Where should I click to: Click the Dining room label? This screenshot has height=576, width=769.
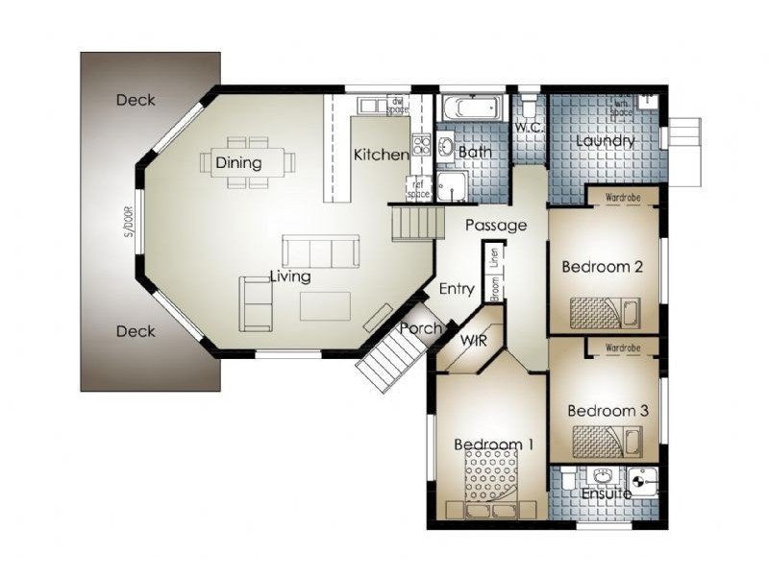click(238, 162)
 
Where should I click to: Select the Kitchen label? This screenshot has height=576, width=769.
click(381, 155)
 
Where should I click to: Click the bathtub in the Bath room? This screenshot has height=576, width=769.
click(471, 107)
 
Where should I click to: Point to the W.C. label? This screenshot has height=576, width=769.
click(529, 127)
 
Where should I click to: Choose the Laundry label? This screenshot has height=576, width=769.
click(606, 141)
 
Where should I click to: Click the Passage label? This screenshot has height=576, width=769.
click(496, 226)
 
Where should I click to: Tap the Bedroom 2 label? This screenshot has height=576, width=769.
click(603, 267)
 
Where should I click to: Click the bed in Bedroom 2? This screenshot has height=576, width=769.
click(604, 312)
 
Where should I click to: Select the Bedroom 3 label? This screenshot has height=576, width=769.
click(608, 411)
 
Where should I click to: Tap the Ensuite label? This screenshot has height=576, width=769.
click(607, 493)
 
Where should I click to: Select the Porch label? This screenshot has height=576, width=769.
click(420, 328)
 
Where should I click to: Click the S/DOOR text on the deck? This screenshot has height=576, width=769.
click(126, 222)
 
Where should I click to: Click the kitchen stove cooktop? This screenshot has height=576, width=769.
click(421, 146)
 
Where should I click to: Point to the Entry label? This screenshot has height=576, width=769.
click(457, 288)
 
